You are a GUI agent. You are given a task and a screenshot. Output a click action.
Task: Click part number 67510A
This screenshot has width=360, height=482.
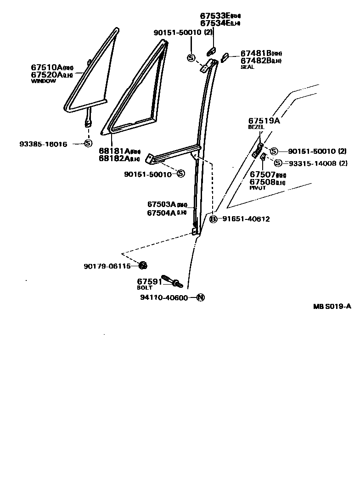46,67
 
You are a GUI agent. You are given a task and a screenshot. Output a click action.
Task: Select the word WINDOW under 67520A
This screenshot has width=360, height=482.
43,81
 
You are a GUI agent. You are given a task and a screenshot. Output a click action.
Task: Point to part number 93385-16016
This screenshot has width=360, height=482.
43,144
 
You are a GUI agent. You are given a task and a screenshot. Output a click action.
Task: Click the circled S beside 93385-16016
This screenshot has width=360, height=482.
88,144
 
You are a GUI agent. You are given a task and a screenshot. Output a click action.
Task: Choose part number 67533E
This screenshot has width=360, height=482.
214,16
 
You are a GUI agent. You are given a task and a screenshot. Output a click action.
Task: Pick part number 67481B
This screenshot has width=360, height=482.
255,54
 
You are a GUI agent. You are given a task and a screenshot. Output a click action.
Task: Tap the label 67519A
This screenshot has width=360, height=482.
264,121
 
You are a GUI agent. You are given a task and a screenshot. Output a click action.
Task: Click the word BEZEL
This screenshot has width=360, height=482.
256,127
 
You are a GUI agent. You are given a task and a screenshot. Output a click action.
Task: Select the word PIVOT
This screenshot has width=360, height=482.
258,188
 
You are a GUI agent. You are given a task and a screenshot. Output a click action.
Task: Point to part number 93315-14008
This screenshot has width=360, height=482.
311,163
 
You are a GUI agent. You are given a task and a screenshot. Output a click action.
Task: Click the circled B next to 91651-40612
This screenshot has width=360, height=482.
213,219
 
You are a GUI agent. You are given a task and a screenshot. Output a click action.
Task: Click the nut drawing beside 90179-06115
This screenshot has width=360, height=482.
142,265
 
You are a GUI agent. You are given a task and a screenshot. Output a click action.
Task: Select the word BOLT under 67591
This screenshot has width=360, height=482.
145,288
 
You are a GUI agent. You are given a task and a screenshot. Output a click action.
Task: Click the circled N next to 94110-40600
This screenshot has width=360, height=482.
200,297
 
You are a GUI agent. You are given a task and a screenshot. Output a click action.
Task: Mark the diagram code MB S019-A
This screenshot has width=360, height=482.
332,307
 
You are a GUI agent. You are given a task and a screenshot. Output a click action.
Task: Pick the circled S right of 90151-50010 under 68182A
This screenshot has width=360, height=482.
180,174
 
